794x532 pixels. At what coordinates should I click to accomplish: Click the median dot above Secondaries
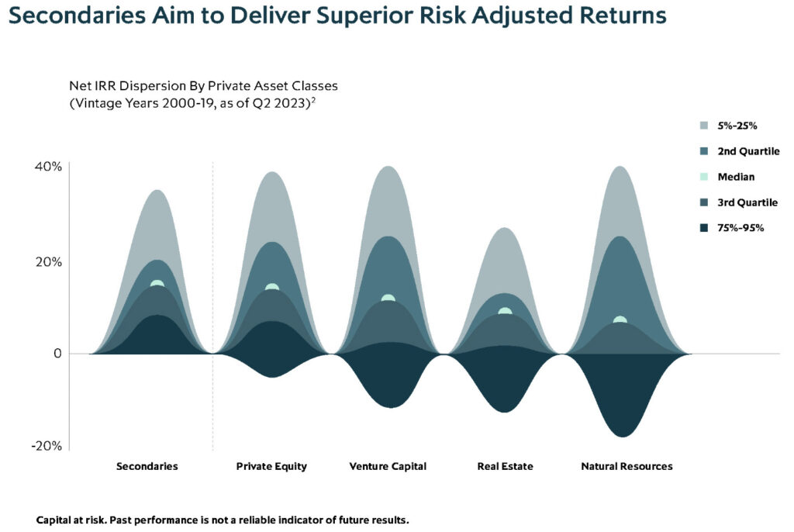157,284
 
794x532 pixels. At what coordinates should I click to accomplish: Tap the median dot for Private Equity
272,287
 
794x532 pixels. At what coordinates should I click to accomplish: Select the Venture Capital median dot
388,298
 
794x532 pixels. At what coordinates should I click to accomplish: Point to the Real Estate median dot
505,311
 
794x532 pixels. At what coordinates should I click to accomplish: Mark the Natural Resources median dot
620,320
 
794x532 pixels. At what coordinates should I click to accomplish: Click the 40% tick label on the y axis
48,167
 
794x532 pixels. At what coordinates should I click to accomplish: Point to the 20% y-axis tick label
48,262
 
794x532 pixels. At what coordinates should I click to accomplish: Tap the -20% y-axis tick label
47,446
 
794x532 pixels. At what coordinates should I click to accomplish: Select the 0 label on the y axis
57,354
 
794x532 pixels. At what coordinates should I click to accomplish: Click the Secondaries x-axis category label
147,466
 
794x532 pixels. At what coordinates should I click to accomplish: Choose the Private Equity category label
271,467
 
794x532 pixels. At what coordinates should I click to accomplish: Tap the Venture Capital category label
388,467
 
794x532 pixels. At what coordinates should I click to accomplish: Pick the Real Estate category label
505,466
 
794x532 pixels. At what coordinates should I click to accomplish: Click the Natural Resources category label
627,466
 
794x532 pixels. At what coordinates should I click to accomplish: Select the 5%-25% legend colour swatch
704,126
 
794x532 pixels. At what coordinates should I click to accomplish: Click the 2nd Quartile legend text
748,151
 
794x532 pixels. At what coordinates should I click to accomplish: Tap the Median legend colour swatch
704,177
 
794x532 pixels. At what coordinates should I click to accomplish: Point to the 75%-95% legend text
740,228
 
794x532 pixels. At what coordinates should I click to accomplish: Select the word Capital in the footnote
54,520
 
